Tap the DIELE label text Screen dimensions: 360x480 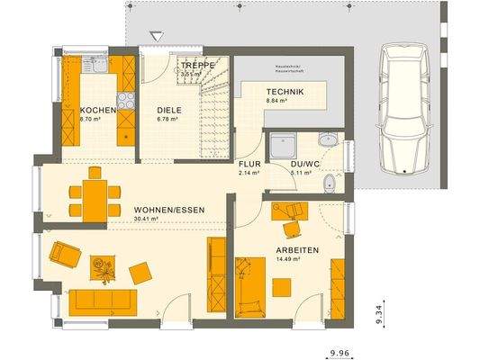click(169, 109)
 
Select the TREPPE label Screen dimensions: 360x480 click(195, 66)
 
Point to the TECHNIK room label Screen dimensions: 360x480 click(284, 93)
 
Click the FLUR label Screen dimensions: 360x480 click(249, 163)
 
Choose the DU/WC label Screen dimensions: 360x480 click(304, 163)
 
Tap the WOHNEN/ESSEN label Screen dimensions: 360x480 click(169, 209)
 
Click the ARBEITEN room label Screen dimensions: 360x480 click(297, 250)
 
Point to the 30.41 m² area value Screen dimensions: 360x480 click(146, 219)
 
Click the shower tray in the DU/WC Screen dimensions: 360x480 click(285, 144)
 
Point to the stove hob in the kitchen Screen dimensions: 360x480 click(126, 100)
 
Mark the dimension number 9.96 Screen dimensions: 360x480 click(340, 353)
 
